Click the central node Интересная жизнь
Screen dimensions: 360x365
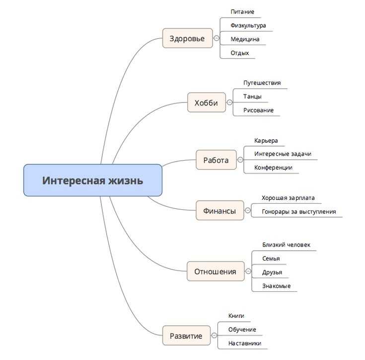point(93,180)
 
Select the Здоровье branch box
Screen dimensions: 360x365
point(187,38)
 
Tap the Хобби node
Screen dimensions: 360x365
point(206,103)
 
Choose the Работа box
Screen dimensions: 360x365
point(216,160)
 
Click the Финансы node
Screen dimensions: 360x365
point(219,210)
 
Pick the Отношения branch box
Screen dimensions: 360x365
point(216,271)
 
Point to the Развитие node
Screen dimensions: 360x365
point(186,336)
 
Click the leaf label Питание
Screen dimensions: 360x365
point(242,11)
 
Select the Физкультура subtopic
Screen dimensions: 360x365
point(248,25)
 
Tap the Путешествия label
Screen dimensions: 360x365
point(262,83)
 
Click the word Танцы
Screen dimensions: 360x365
point(253,96)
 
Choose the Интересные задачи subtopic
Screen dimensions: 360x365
point(283,154)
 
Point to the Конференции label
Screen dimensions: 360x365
point(273,168)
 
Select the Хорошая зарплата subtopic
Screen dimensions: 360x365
point(288,198)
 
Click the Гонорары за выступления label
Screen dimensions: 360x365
point(299,211)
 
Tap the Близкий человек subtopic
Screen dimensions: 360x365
point(286,245)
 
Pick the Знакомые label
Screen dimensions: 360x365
point(277,286)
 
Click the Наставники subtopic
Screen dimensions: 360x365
point(245,343)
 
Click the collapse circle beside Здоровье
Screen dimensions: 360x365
point(217,38)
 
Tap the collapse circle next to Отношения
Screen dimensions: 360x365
point(248,271)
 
